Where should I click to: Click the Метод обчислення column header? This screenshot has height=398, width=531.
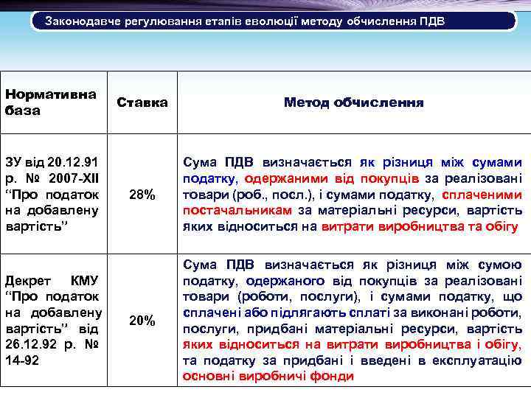[353, 102]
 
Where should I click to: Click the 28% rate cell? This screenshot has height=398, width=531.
[142, 195]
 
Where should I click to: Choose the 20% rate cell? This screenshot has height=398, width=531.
[142, 320]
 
